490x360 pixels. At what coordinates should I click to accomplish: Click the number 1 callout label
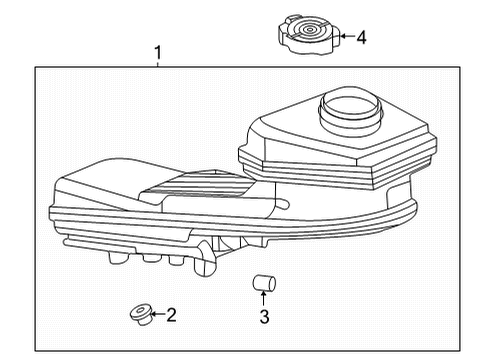157,51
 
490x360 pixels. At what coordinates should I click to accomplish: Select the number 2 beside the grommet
171,316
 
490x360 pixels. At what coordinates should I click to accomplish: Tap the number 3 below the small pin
264,319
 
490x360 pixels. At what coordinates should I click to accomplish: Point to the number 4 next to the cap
361,38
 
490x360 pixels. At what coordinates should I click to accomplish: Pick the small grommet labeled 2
138,315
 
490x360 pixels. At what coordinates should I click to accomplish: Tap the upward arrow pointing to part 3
264,300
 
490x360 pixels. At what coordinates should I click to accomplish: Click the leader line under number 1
157,63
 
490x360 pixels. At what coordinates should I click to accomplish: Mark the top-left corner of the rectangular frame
36,67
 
